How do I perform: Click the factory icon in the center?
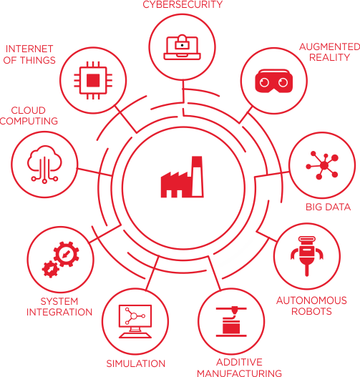tap(182, 177)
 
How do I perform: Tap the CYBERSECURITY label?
tap(183, 4)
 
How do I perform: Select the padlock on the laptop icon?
tap(182, 41)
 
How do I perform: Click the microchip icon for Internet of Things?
tap(93, 80)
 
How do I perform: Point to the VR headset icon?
tap(273, 81)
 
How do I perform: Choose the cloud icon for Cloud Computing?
tap(44, 165)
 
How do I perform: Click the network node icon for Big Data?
tap(322, 165)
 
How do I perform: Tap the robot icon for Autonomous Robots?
tap(306, 255)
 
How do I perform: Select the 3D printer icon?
tap(231, 321)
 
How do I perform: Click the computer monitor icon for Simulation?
tap(135, 321)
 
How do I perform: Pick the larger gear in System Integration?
tap(66, 254)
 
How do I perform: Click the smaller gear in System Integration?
tap(51, 269)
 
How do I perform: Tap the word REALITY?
tap(329, 57)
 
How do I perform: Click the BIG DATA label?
tap(328, 207)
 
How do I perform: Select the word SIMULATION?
tap(136, 363)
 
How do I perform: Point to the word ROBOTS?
tap(311, 311)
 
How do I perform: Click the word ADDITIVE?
tap(239, 362)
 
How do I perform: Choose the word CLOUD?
tap(29, 110)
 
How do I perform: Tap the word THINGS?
tap(38, 60)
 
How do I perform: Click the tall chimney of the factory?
tap(198, 177)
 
